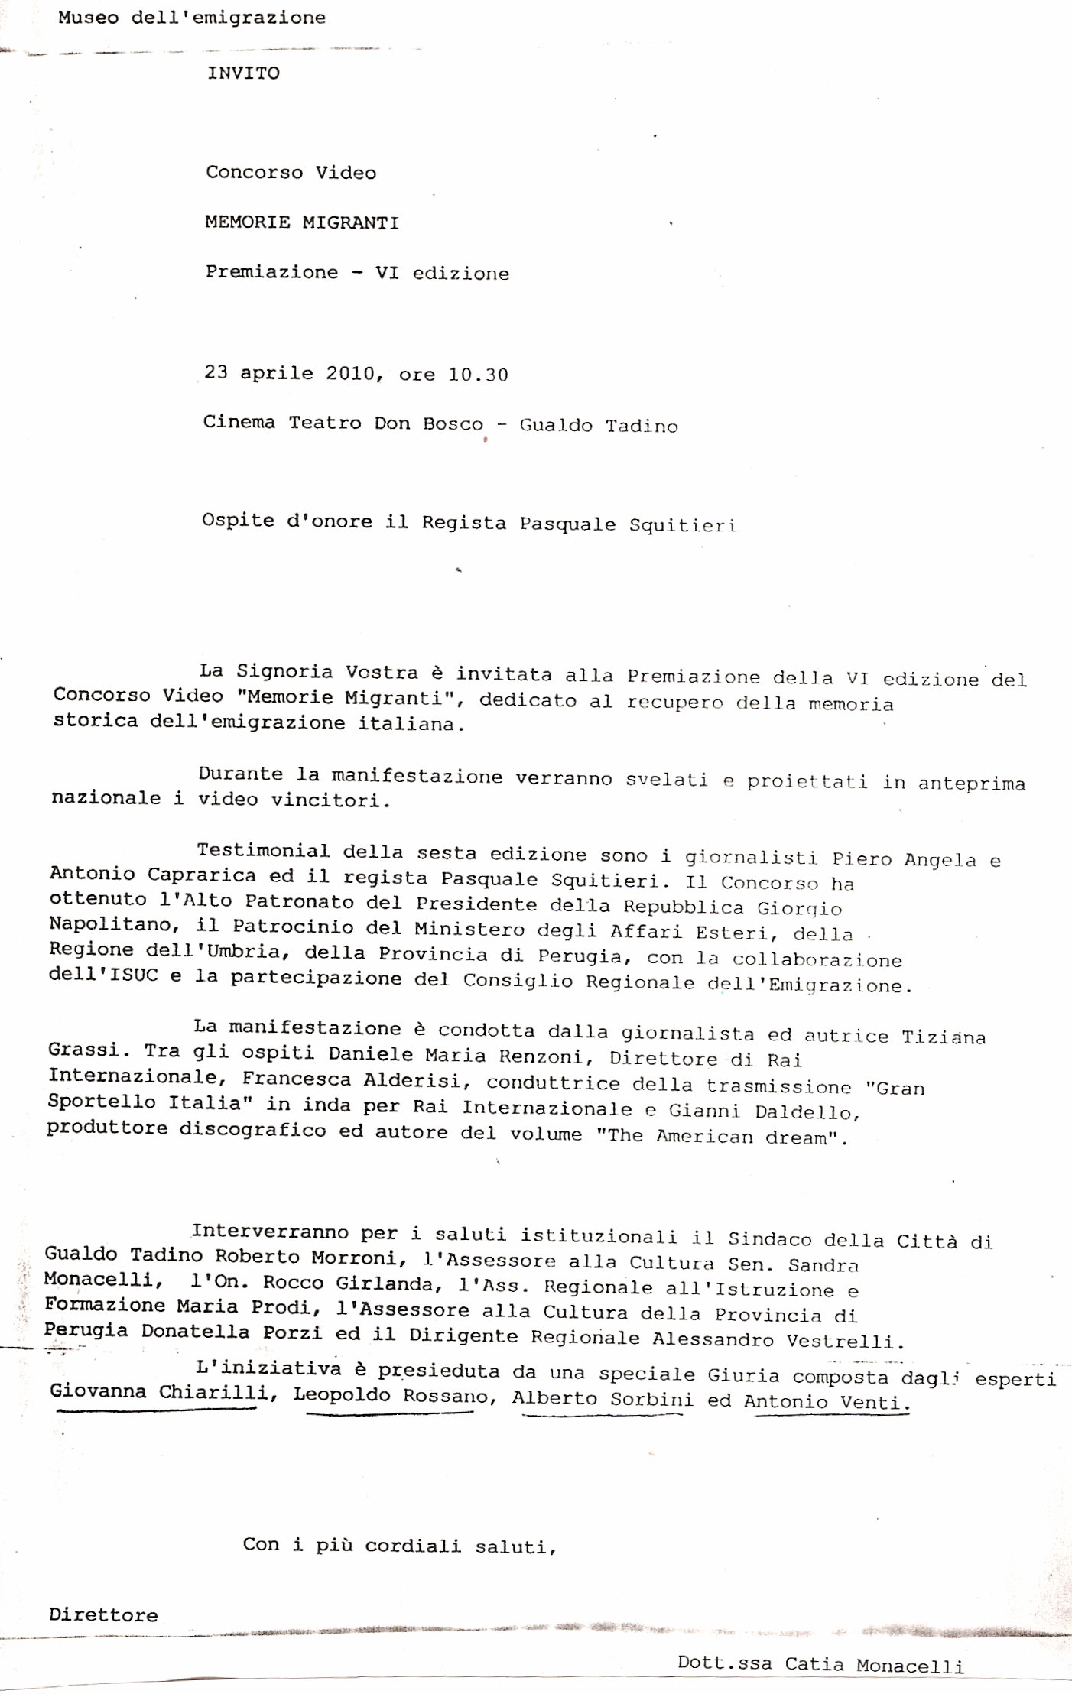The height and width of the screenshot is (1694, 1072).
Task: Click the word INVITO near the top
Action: point(243,73)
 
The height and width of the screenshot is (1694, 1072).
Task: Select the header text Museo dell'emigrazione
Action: point(191,18)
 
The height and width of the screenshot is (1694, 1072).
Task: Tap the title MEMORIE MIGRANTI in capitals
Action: point(301,222)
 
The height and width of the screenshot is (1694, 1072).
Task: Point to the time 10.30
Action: point(478,375)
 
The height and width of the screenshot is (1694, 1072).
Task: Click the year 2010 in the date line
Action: point(350,373)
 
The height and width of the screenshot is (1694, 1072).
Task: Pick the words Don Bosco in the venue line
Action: point(428,423)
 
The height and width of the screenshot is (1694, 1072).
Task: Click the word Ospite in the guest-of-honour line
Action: point(227,521)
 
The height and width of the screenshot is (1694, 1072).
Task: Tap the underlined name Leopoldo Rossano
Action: point(391,1395)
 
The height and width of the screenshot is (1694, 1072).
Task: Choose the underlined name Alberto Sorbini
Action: point(603,1399)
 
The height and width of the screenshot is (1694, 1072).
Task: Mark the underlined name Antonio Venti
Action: point(826,1402)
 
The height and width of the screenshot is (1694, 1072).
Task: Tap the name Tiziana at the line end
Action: point(944,1037)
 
